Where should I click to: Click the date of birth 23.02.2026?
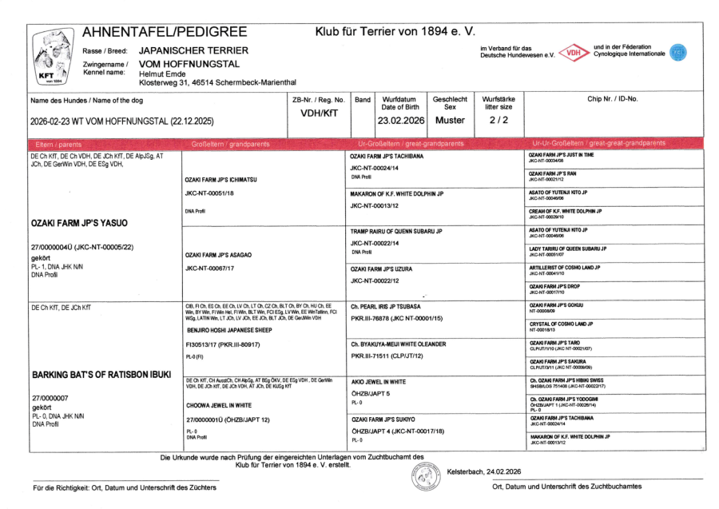397,121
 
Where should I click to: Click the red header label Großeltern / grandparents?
229,143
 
